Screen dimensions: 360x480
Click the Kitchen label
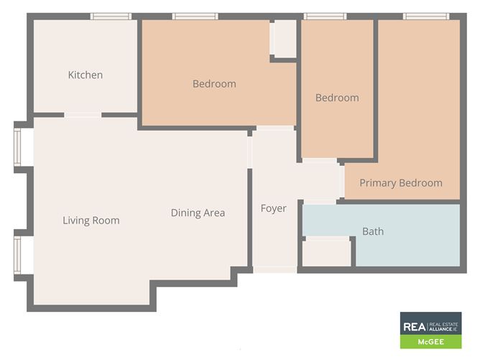click(86, 75)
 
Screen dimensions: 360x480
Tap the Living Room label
click(91, 221)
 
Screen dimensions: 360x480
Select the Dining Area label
click(198, 213)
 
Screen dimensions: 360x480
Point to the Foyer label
click(273, 208)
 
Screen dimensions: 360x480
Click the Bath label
click(373, 231)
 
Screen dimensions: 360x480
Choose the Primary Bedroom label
click(401, 183)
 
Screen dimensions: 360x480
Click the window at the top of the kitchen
click(111, 16)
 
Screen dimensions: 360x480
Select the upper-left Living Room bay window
click(18, 147)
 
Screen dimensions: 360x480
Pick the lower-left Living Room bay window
click(18, 255)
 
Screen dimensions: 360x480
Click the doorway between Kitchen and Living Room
click(83, 114)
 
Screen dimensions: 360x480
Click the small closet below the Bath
click(327, 252)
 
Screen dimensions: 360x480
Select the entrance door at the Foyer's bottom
click(274, 269)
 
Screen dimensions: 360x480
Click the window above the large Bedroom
click(195, 16)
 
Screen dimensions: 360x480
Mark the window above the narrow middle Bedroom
click(325, 16)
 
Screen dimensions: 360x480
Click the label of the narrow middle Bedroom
click(337, 98)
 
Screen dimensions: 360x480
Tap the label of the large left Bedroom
click(214, 84)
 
